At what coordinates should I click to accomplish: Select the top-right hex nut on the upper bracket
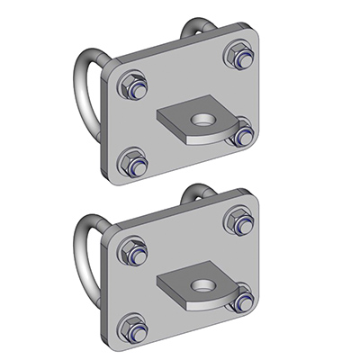click(238, 53)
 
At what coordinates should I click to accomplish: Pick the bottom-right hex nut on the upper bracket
click(240, 135)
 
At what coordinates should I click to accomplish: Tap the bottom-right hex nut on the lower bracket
click(240, 299)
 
